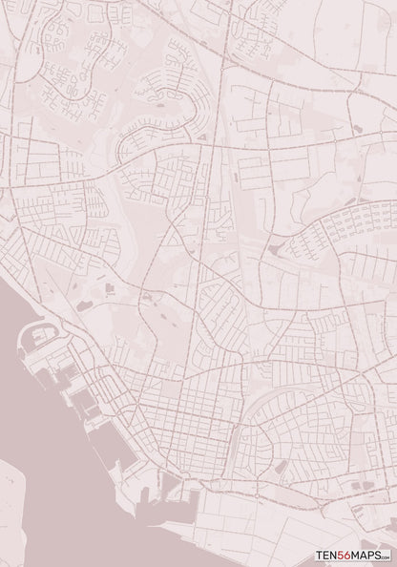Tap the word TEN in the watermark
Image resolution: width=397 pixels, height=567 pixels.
[x=328, y=552]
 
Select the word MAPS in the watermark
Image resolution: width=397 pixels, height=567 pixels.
[x=368, y=552]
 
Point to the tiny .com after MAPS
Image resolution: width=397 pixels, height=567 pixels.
[x=387, y=555]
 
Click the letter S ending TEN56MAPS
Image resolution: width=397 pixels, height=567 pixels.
[x=380, y=552]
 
